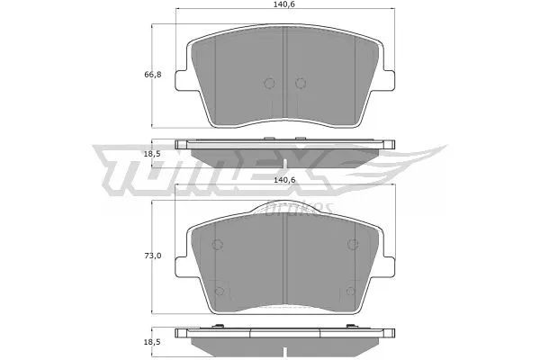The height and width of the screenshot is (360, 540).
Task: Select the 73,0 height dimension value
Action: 153,256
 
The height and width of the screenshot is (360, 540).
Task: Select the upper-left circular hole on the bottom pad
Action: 218,244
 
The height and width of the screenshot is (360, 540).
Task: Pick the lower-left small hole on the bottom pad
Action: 220,290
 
